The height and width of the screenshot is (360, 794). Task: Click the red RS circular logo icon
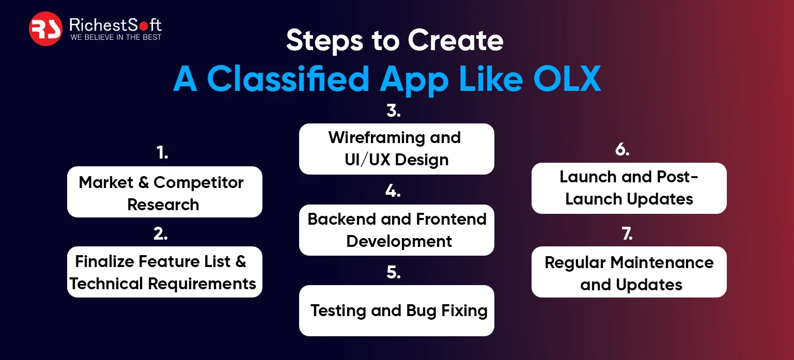(46, 29)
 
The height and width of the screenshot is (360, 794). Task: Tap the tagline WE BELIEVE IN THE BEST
(116, 37)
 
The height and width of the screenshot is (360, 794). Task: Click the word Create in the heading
(456, 40)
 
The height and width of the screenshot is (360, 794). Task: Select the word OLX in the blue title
(567, 79)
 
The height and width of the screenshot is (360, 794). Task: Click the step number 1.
(162, 153)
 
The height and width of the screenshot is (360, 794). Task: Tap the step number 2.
(161, 234)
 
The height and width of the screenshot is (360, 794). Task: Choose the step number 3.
(394, 111)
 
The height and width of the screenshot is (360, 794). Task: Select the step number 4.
(393, 191)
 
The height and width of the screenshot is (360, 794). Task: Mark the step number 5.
(394, 272)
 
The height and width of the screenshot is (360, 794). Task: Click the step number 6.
(622, 149)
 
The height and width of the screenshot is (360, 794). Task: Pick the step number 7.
(627, 234)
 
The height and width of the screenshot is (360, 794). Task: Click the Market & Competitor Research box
(165, 192)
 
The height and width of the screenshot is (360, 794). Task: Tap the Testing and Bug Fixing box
(397, 311)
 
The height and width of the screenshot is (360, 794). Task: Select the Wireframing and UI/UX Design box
(397, 149)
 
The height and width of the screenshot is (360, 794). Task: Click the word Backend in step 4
(341, 219)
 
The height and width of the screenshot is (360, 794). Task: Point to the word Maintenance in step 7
(662, 262)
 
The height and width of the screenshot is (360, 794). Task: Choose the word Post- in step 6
(677, 177)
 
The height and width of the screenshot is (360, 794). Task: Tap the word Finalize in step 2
(104, 261)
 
